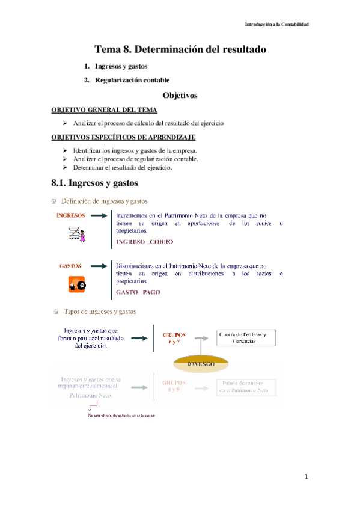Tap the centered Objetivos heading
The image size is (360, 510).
pyautogui.click(x=180, y=96)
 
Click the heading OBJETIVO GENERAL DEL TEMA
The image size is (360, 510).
pyautogui.click(x=105, y=111)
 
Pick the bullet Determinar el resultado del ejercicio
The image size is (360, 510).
pyautogui.click(x=122, y=168)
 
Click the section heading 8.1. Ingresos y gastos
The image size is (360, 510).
pyautogui.click(x=96, y=182)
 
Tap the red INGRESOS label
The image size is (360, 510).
pyautogui.click(x=70, y=215)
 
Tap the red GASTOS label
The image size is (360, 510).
pyautogui.click(x=70, y=265)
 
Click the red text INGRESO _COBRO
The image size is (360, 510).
pyautogui.click(x=144, y=242)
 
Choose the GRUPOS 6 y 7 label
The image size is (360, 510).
pyautogui.click(x=174, y=337)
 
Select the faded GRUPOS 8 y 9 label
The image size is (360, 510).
pyautogui.click(x=174, y=386)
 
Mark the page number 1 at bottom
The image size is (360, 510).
pyautogui.click(x=306, y=477)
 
